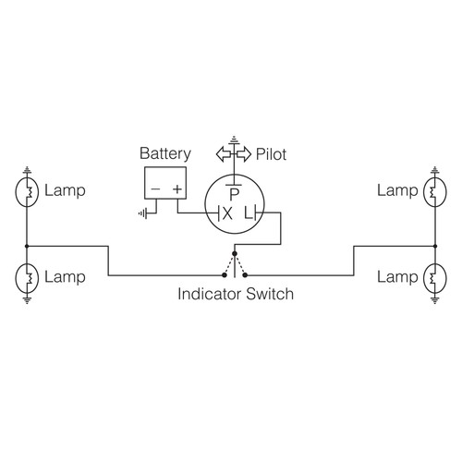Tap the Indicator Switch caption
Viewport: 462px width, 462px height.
click(235, 296)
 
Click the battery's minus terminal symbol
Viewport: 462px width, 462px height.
click(154, 188)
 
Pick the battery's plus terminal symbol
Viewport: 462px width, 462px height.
click(176, 188)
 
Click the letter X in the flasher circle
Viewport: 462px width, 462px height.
click(225, 213)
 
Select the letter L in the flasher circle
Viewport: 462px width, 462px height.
click(247, 213)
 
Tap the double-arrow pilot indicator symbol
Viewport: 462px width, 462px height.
click(234, 153)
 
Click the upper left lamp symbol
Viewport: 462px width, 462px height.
click(27, 192)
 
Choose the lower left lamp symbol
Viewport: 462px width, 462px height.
click(27, 276)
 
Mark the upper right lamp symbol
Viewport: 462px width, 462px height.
click(433, 192)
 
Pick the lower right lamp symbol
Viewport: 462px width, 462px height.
click(433, 276)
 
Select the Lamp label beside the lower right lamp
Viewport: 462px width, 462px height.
click(396, 276)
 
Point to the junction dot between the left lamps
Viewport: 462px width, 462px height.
click(27, 246)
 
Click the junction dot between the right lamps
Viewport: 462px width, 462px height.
click(433, 246)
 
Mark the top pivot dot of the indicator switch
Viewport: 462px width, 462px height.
click(235, 253)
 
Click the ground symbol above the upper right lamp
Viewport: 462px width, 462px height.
click(433, 169)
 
